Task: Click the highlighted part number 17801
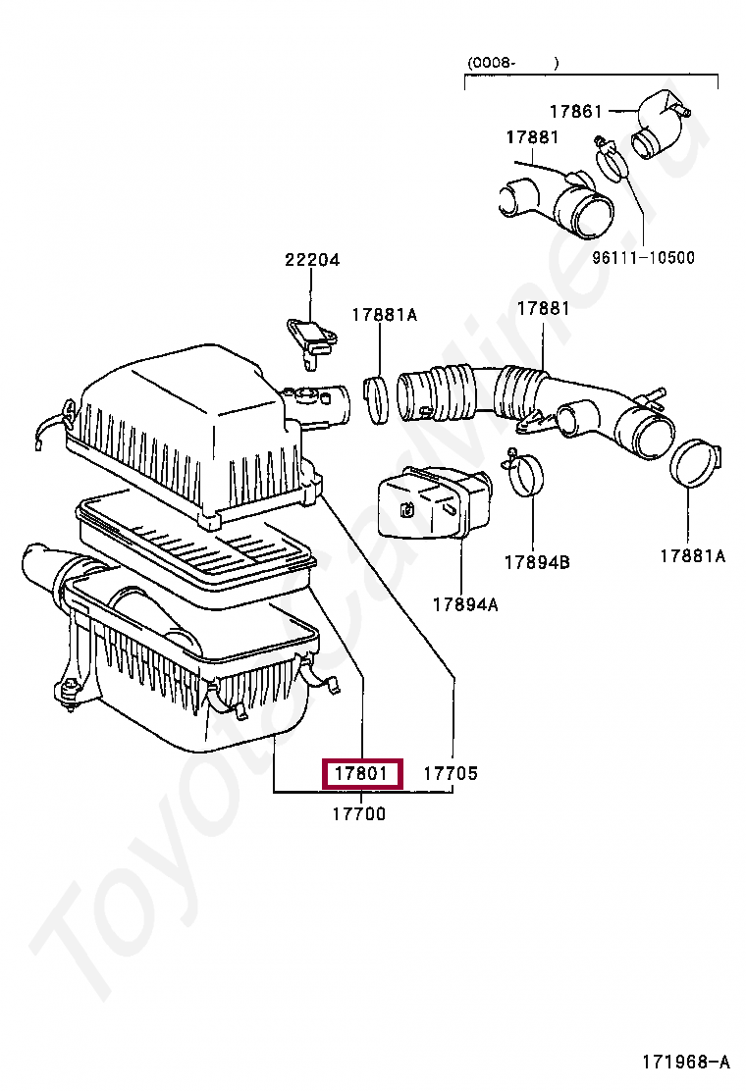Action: [363, 774]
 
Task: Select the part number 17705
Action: [451, 774]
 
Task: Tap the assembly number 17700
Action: [358, 813]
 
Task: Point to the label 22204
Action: [312, 260]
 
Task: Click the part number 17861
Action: [575, 112]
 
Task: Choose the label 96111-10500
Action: [643, 258]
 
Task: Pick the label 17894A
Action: [464, 605]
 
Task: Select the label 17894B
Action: [537, 562]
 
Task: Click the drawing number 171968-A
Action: [686, 1062]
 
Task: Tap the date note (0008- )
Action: [512, 63]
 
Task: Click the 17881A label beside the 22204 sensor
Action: [385, 314]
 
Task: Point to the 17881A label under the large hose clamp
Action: [692, 556]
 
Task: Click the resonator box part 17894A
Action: [432, 503]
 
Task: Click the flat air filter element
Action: [196, 549]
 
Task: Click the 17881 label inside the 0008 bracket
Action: [532, 137]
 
